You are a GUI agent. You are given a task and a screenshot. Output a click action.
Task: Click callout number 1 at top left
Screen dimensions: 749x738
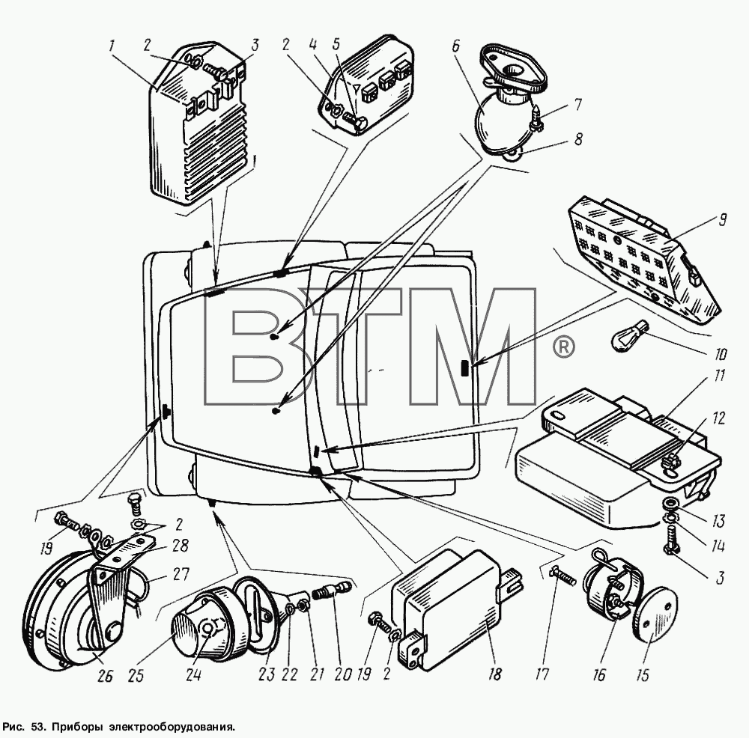pos(112,46)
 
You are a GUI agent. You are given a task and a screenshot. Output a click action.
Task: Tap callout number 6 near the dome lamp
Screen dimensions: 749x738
pos(455,46)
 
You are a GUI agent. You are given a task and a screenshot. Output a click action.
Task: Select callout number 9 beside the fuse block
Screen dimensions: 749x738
pos(722,219)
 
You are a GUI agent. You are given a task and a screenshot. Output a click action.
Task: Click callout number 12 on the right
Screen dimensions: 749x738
pos(718,418)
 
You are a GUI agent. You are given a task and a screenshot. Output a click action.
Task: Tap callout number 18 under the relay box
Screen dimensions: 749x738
pos(495,674)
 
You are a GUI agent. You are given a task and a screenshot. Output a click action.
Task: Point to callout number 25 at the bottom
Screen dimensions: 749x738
pos(136,675)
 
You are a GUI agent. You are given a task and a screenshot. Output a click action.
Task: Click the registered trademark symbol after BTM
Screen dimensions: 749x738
pos(564,347)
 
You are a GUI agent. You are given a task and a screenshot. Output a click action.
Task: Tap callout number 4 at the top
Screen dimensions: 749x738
pos(312,46)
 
